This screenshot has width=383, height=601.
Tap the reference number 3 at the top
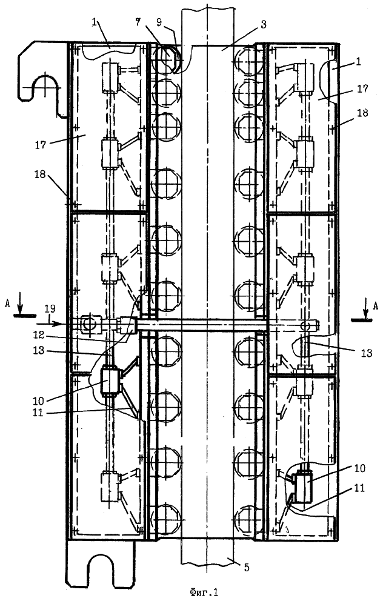pos(263,25)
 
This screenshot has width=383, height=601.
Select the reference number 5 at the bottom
pos(247,567)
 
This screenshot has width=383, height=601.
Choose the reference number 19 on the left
pos(50,308)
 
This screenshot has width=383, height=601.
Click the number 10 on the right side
pos(358,468)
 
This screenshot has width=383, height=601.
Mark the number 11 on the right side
pos(358,488)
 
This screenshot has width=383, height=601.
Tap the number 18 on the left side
pos(40,174)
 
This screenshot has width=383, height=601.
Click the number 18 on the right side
pos(362,113)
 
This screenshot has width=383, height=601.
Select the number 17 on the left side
pos(41,145)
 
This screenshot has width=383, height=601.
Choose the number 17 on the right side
pos(362,88)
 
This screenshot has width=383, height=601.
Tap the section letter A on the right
pos(375,305)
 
